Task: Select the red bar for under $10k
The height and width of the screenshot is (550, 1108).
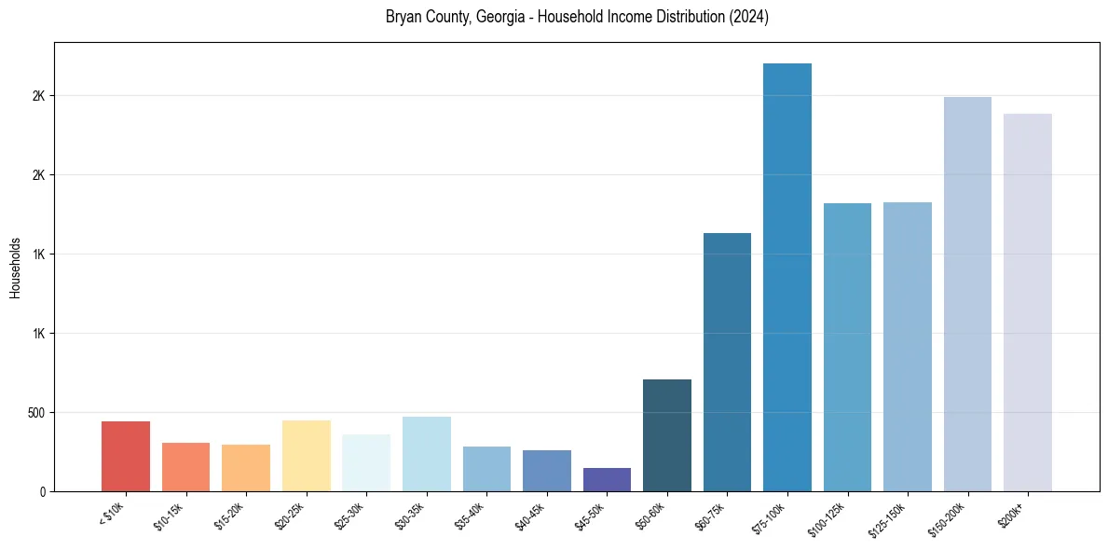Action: click(126, 456)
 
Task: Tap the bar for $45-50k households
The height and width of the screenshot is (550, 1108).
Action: click(607, 479)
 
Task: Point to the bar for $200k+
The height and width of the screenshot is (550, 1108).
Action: click(1028, 302)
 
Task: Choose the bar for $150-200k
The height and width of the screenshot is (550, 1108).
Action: click(967, 294)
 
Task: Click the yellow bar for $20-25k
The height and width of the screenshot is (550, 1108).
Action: click(307, 456)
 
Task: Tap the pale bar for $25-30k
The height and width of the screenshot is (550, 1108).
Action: click(366, 462)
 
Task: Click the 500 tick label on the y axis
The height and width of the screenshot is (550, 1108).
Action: click(35, 413)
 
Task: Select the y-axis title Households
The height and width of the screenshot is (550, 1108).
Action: click(15, 268)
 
